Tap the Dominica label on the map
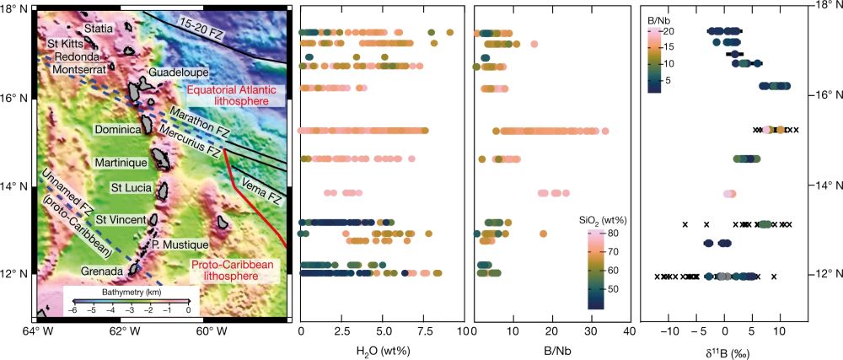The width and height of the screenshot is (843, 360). [x=115, y=132]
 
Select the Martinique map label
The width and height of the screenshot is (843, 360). [x=121, y=161]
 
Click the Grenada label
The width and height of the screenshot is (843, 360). [x=102, y=271]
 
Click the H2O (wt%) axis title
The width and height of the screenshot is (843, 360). [x=383, y=347]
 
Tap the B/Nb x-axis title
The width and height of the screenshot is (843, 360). [x=551, y=347]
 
